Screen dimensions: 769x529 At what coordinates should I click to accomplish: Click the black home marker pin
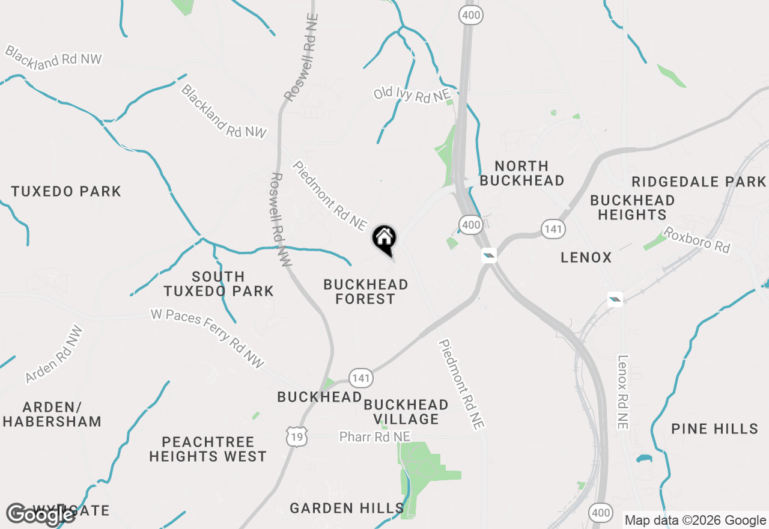coord(384,239)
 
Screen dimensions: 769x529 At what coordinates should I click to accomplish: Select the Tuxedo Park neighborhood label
coord(66,192)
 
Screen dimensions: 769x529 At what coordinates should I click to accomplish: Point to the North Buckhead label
coord(522,173)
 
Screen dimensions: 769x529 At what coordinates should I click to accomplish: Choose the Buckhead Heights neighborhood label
coord(632,207)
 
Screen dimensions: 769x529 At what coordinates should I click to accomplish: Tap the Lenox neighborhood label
coord(586,257)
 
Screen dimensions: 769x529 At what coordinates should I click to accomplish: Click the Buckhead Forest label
coord(365,292)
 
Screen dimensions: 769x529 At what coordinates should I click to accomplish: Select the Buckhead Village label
coord(406,412)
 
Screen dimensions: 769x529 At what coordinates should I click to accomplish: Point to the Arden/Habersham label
coord(52,414)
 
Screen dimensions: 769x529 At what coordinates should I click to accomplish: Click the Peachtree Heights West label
coord(208,449)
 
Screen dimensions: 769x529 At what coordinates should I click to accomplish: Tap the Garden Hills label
coord(347,509)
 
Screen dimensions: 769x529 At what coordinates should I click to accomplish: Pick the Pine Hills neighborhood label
coord(715,429)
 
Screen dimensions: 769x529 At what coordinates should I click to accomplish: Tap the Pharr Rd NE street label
coord(375,437)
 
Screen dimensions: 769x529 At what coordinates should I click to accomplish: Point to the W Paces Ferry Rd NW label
coord(207,338)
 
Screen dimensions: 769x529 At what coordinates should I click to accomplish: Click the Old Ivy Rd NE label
coord(412,94)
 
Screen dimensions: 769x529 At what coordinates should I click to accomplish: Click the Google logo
coord(40,514)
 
